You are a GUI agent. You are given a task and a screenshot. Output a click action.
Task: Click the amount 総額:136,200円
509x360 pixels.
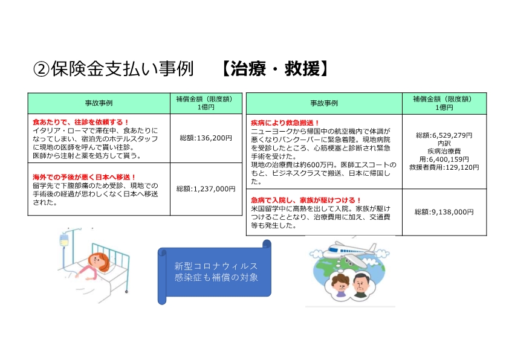206,138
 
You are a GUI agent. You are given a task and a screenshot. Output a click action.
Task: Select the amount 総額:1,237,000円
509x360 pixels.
206,188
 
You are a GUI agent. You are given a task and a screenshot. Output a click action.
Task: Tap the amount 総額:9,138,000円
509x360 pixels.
444,212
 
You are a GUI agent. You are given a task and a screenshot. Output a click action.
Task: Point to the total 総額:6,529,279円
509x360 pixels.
444,135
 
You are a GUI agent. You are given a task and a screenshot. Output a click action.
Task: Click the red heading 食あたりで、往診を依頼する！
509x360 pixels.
81,122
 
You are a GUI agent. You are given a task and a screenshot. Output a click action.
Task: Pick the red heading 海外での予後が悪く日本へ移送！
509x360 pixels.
84,177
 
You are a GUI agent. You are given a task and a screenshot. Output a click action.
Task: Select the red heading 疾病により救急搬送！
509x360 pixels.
285,123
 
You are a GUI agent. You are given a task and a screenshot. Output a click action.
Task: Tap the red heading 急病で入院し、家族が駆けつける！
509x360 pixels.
306,200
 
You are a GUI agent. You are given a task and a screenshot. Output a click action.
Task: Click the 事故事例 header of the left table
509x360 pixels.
99,103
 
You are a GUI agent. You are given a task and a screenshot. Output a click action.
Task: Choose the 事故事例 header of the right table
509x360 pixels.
324,103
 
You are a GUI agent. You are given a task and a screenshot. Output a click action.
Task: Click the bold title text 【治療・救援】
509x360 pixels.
275,69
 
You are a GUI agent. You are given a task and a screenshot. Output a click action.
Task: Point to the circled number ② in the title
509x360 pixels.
41,69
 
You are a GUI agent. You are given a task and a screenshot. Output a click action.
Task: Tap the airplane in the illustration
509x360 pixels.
351,251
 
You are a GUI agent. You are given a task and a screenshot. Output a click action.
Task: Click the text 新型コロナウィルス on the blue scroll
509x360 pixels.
216,266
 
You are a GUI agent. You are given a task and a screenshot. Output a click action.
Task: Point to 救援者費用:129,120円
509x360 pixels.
444,167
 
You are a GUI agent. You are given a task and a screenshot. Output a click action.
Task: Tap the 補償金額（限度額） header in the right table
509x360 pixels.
444,99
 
